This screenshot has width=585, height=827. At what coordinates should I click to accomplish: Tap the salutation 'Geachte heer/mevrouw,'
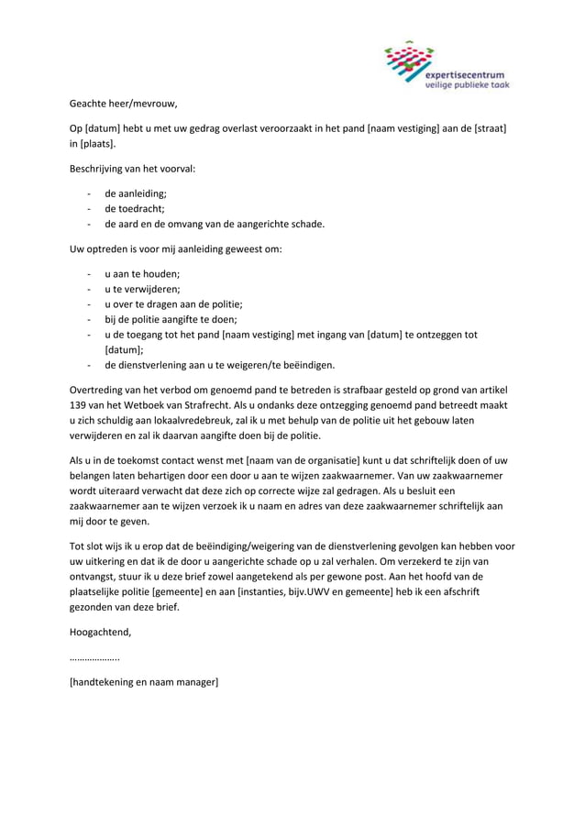pyautogui.click(x=122, y=104)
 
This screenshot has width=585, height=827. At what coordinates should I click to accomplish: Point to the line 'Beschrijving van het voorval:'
pyautogui.click(x=132, y=170)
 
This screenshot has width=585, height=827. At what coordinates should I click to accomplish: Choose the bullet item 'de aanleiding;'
pyautogui.click(x=136, y=194)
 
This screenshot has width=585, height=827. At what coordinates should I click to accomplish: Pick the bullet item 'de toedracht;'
pyautogui.click(x=135, y=209)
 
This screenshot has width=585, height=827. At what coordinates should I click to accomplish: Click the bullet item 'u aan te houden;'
pyautogui.click(x=142, y=274)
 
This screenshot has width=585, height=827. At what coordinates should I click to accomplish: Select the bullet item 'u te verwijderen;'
pyautogui.click(x=142, y=289)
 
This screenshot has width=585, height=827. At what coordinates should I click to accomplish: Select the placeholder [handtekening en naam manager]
pyautogui.click(x=144, y=682)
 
